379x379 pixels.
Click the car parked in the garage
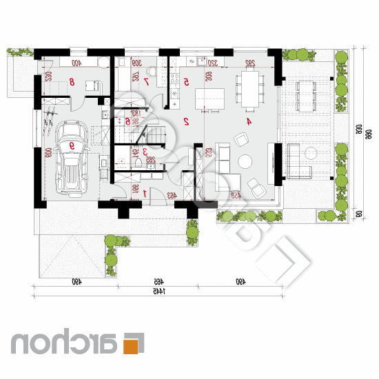pyautogui.click(x=71, y=158)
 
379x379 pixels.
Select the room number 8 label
pyautogui.click(x=72, y=81)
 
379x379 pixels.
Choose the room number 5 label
pyautogui.click(x=186, y=81)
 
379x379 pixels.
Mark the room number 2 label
pyautogui.click(x=186, y=121)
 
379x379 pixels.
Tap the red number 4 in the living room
pyautogui.click(x=249, y=121)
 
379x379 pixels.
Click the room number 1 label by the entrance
pyautogui.click(x=145, y=194)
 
